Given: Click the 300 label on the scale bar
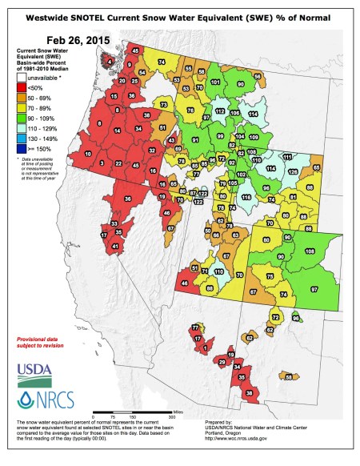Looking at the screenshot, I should (170, 416).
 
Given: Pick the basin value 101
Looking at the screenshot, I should (216, 82).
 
